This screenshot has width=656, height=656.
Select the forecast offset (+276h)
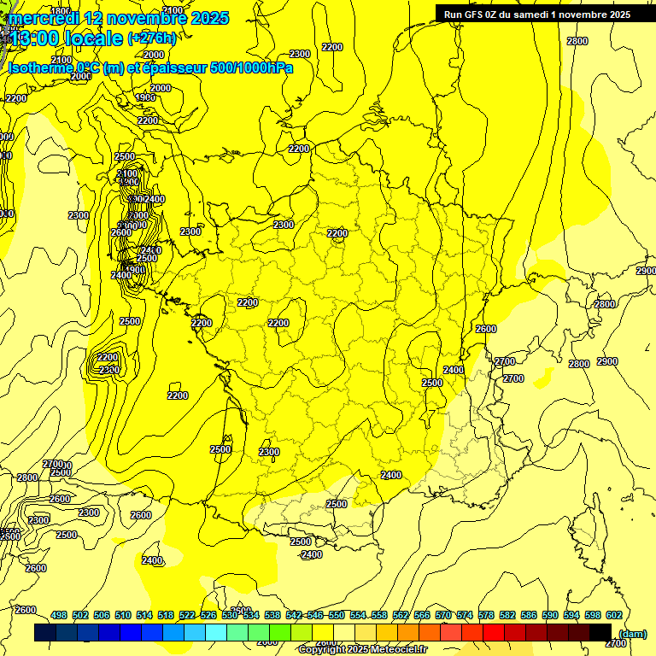point(152,38)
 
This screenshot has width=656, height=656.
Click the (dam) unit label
point(633,633)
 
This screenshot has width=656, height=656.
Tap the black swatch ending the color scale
point(600,632)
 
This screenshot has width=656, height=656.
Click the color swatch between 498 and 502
point(67,632)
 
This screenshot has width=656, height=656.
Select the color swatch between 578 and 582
point(494,632)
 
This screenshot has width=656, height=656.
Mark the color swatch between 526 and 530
point(216,632)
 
